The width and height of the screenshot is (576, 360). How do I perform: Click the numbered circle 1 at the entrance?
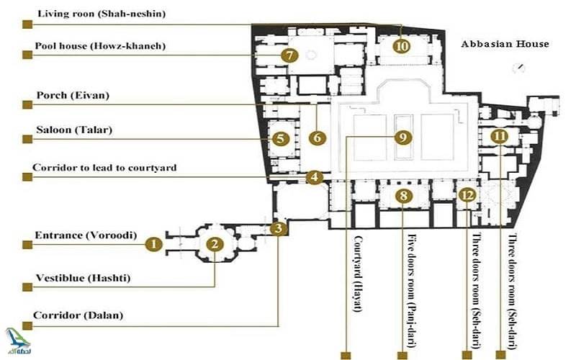[x=152, y=245]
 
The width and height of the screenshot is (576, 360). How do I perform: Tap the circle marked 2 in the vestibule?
[x=214, y=245]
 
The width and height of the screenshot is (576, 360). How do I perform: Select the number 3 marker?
[x=279, y=230]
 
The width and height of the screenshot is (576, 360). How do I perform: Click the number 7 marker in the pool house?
[x=289, y=55]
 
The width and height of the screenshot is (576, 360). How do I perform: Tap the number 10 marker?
[x=401, y=46]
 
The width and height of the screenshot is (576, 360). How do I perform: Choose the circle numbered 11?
[x=499, y=136]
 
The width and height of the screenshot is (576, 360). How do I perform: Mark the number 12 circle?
[x=468, y=195]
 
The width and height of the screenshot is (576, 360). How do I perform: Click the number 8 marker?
[x=404, y=196]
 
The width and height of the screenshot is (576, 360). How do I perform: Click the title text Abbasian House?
[x=505, y=44]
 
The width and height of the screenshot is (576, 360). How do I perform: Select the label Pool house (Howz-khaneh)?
[x=101, y=46]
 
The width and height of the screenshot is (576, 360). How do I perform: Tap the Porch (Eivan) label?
[x=73, y=95]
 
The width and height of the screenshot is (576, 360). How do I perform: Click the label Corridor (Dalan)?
[x=79, y=315]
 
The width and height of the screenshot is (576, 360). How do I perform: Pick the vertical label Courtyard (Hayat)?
[x=356, y=271]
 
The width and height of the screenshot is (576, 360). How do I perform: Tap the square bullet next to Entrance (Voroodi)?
[x=27, y=245]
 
